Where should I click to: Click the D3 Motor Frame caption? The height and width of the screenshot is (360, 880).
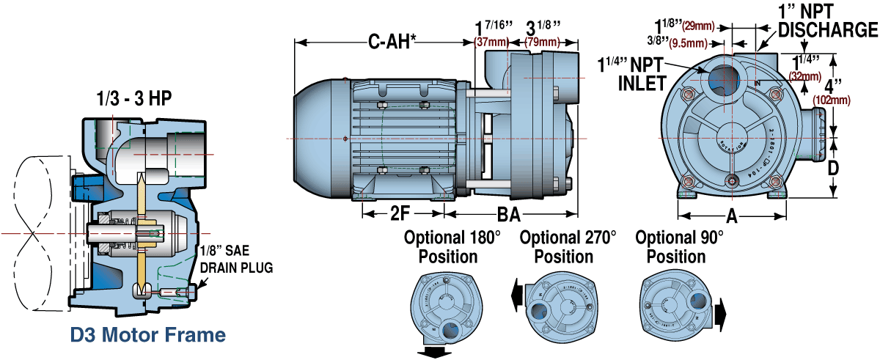click(x=147, y=335)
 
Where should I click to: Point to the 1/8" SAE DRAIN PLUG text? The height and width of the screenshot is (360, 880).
click(x=236, y=259)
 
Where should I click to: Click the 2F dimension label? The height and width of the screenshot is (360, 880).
click(x=401, y=214)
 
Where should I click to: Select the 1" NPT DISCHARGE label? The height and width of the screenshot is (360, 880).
click(x=827, y=21)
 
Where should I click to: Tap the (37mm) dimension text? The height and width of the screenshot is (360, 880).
click(x=491, y=42)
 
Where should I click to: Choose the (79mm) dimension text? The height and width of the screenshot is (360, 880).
click(x=543, y=42)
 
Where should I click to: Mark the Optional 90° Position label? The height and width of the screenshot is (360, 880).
click(x=679, y=247)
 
